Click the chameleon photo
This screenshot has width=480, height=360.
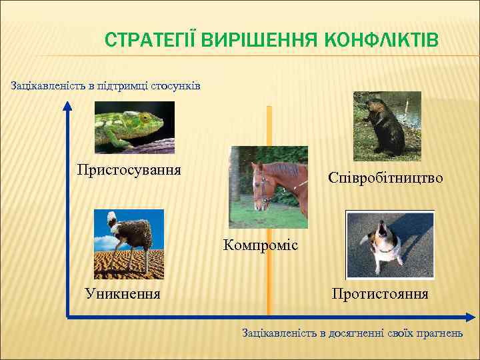(x=134, y=127)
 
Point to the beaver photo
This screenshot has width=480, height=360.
(x=387, y=124)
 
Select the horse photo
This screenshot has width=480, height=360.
(x=268, y=187)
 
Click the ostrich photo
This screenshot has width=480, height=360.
(x=129, y=243)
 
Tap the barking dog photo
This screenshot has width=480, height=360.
(x=390, y=244)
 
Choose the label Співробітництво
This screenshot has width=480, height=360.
(x=385, y=178)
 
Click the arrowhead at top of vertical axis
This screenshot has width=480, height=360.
(x=68, y=105)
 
